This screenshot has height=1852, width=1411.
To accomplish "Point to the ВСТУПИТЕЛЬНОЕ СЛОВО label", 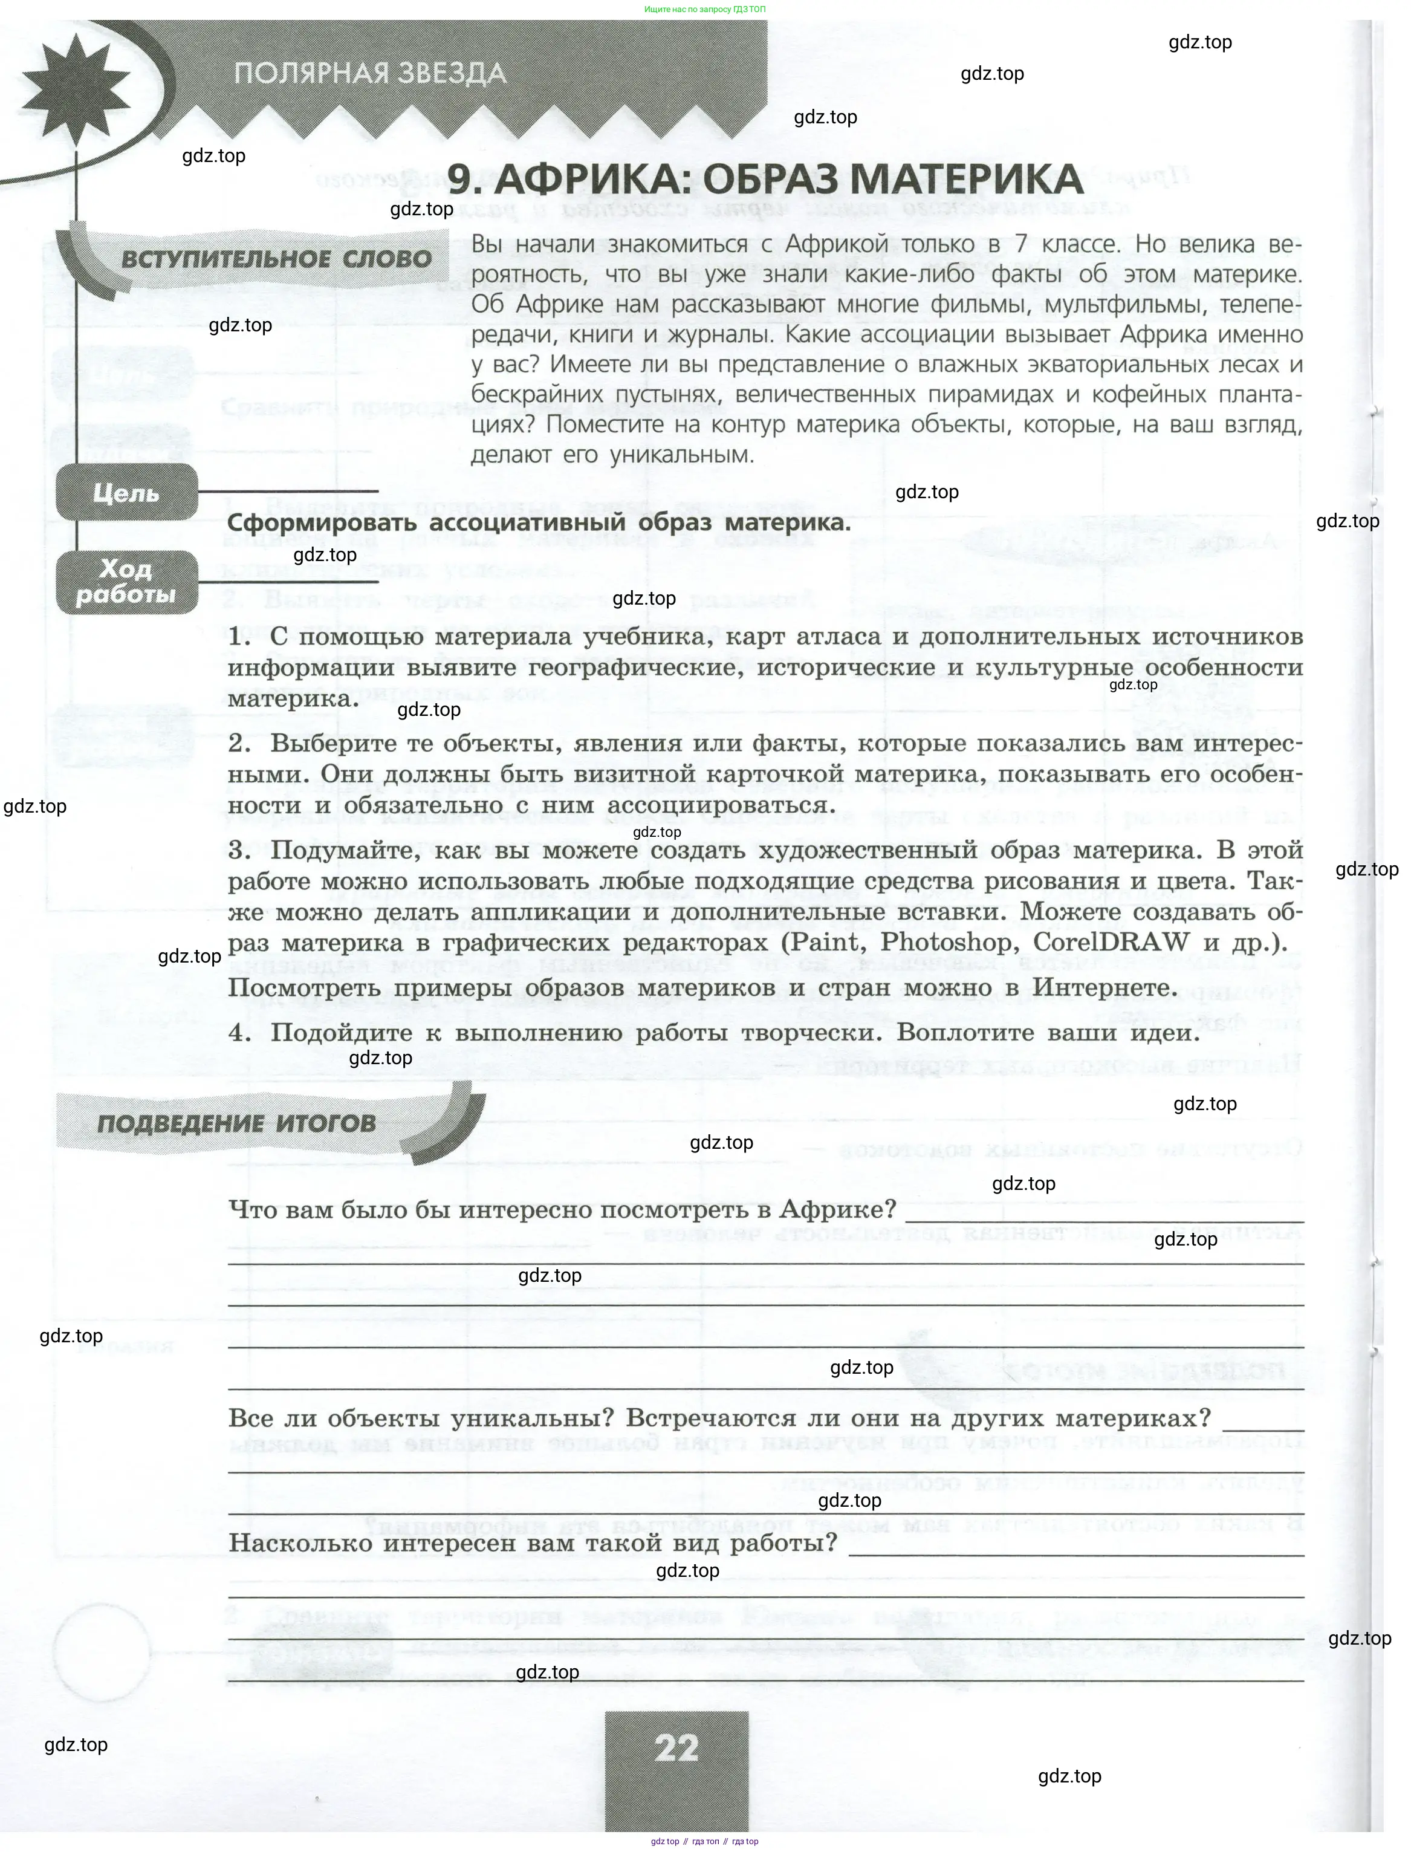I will (276, 259).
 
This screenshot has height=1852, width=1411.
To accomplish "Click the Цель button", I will (126, 492).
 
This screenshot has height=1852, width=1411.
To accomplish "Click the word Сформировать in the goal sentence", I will (321, 522).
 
